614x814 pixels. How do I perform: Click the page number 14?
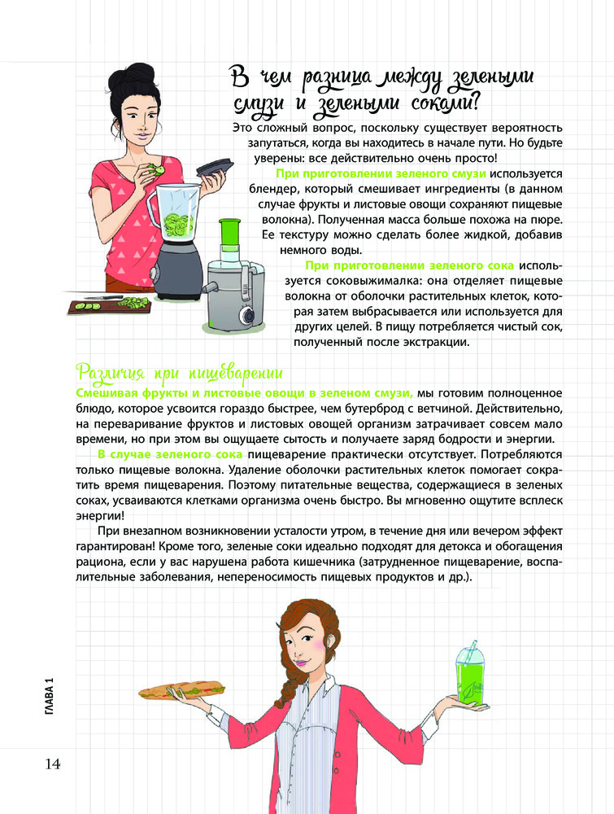pyautogui.click(x=47, y=764)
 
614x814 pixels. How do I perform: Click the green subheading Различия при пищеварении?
pyautogui.click(x=178, y=373)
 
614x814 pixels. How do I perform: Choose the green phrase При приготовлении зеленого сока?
pyautogui.click(x=409, y=265)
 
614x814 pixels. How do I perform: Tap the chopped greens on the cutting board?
pyautogui.click(x=134, y=302)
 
